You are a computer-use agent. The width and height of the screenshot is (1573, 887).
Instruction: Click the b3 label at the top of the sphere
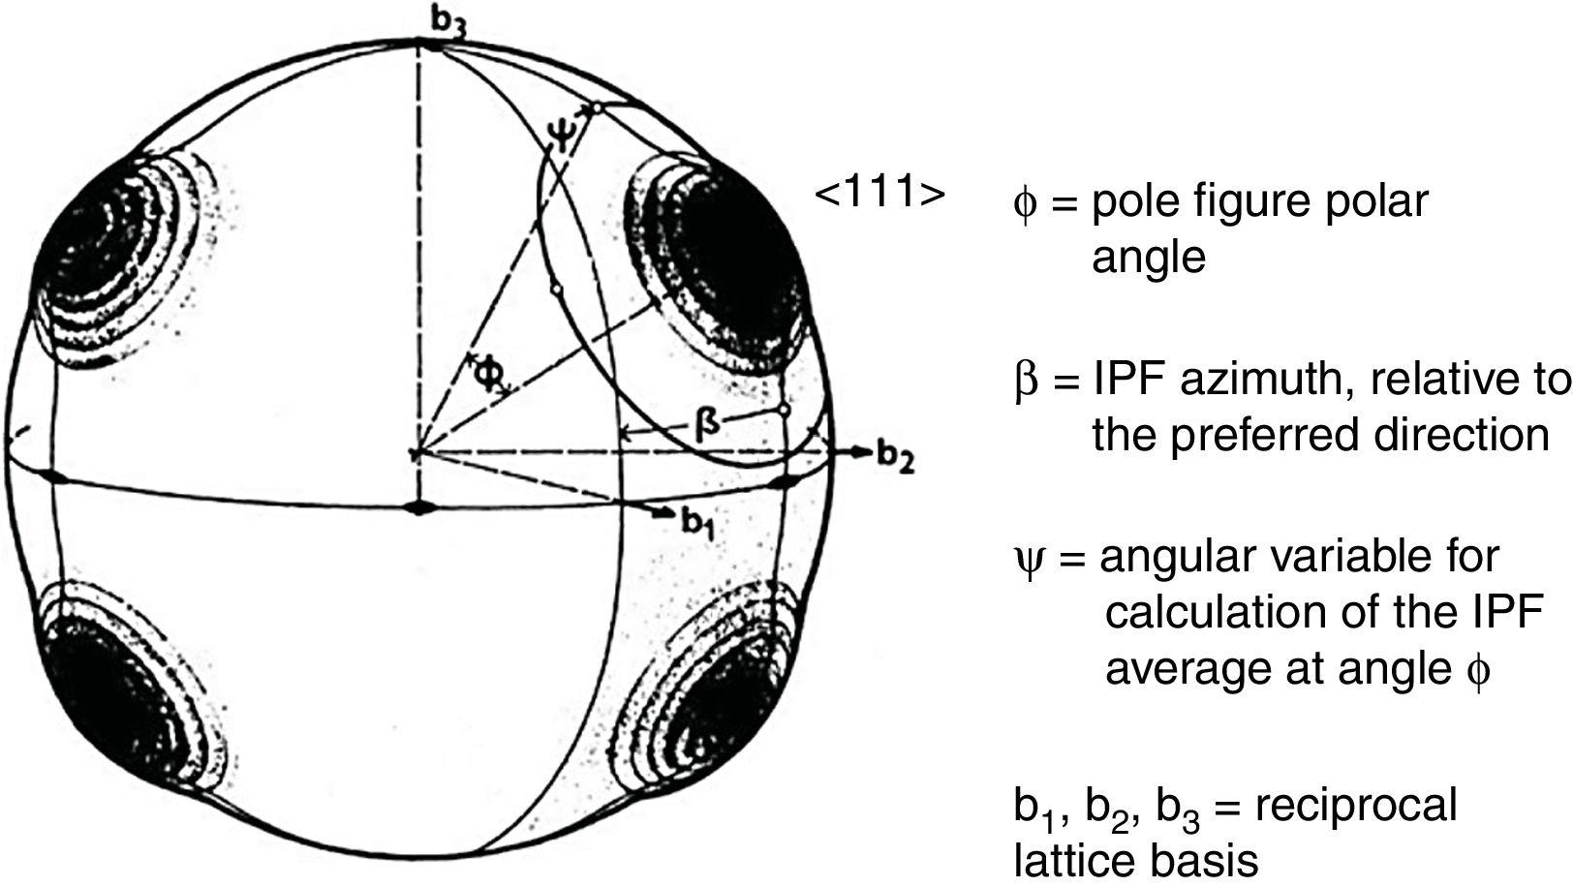click(447, 24)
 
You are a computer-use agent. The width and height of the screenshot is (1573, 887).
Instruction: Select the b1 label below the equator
click(696, 522)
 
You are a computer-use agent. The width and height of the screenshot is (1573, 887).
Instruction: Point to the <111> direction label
click(879, 194)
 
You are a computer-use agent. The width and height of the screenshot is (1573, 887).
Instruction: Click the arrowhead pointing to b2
click(858, 451)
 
